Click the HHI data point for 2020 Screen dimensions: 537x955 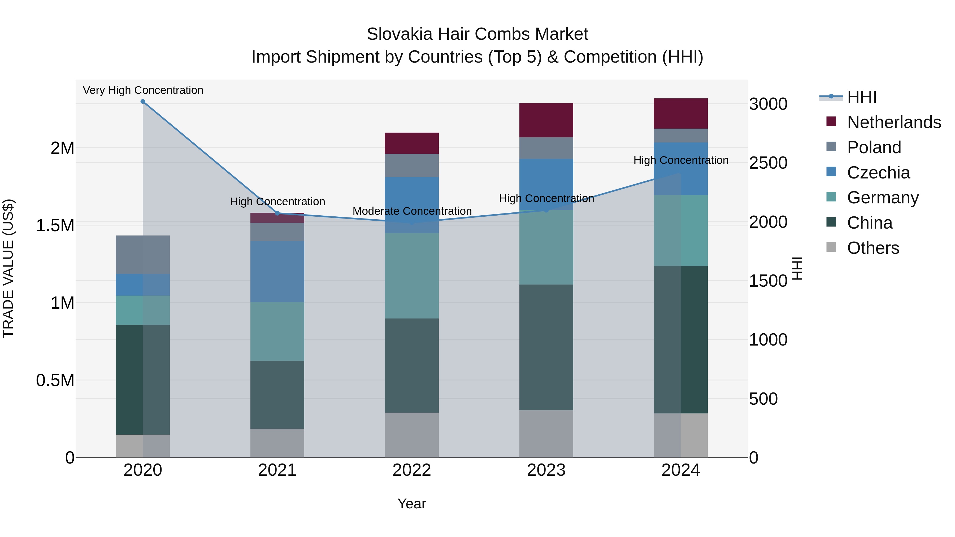pos(143,102)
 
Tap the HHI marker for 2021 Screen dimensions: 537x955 pos(277,213)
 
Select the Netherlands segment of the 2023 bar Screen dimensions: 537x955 pos(546,120)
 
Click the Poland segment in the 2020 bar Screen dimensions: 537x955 pos(143,255)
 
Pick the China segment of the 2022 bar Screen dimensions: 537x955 pos(411,365)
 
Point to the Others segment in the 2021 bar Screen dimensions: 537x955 pos(277,443)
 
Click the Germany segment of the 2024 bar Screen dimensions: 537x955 pos(681,230)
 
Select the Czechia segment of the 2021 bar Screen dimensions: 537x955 pos(277,271)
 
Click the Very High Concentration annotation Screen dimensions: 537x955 pos(143,90)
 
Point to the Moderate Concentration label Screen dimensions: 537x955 pos(412,211)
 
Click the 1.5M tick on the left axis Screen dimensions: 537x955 pos(55,225)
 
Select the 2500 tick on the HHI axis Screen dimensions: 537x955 pos(768,163)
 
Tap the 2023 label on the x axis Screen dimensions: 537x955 pos(546,470)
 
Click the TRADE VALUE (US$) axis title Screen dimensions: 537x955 pos(8,268)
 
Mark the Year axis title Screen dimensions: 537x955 pos(411,504)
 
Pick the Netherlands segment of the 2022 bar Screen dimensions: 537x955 pos(411,143)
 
